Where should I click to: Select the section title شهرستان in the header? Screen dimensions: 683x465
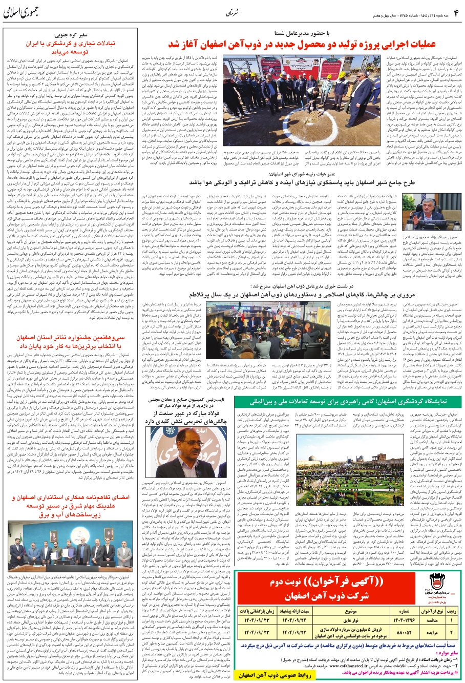232,12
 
